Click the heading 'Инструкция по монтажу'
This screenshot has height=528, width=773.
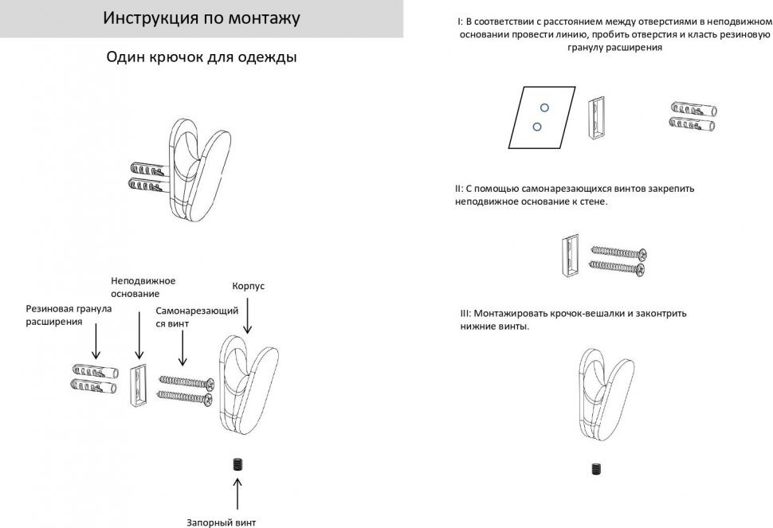[201, 18]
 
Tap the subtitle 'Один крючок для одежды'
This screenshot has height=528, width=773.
[202, 58]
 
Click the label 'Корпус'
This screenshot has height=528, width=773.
[247, 285]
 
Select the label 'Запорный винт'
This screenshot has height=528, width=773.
[221, 522]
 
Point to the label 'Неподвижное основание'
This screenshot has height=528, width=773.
[143, 287]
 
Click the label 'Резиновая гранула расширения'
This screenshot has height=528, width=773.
[69, 315]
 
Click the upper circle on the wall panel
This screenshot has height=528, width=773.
[544, 108]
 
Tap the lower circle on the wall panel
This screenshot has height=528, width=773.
[536, 126]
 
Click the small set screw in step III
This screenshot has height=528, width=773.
[596, 469]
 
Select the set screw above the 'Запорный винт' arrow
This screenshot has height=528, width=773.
[237, 464]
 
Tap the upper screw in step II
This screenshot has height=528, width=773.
[618, 253]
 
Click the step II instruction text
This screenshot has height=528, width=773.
[575, 195]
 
